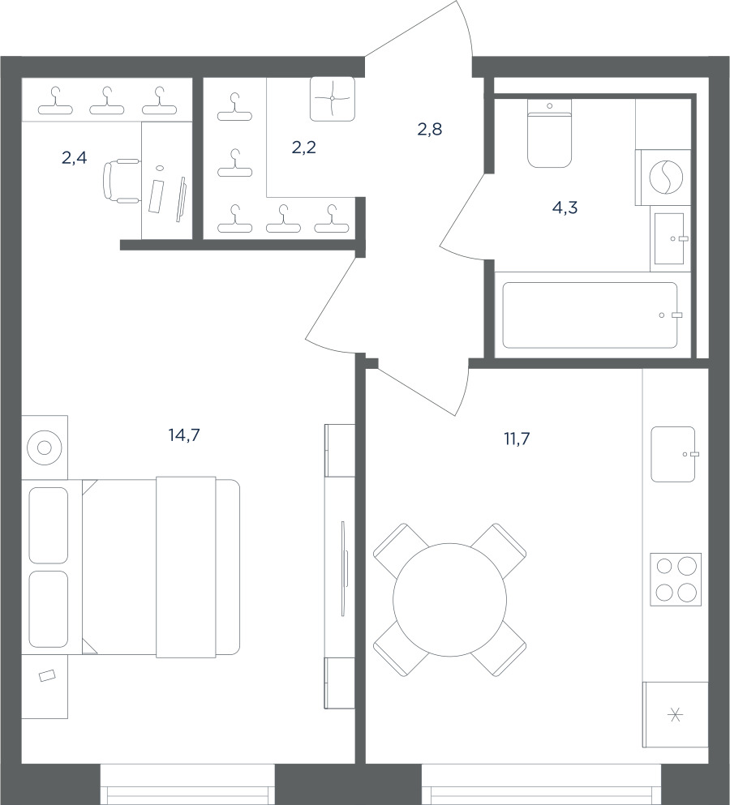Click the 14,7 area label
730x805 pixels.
click(x=184, y=435)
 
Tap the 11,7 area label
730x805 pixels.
click(x=517, y=439)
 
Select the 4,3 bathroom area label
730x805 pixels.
click(x=565, y=208)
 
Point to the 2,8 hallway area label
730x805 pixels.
click(x=429, y=130)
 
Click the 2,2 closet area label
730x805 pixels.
click(x=303, y=148)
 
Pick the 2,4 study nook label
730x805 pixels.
click(x=75, y=158)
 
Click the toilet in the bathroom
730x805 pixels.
click(x=550, y=133)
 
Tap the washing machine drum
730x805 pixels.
click(x=666, y=177)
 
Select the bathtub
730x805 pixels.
click(x=590, y=315)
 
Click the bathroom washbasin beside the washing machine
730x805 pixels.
click(x=669, y=238)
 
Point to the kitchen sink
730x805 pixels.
click(x=673, y=454)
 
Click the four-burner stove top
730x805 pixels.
click(x=676, y=579)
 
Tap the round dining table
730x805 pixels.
click(x=449, y=600)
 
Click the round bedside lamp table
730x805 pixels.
click(x=45, y=447)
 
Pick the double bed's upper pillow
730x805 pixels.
click(x=49, y=525)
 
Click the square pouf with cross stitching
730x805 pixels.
click(x=333, y=99)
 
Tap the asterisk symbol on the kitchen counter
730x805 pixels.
click(x=676, y=714)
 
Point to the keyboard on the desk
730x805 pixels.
click(x=156, y=195)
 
